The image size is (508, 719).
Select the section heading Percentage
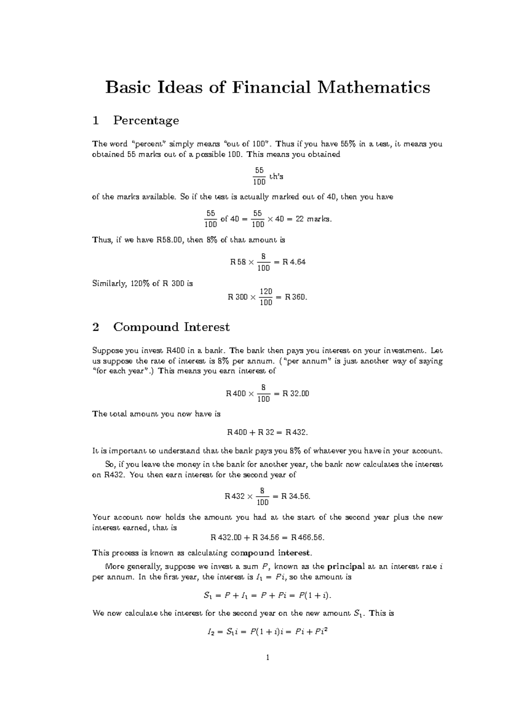(146, 120)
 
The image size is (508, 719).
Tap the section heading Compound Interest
(171, 327)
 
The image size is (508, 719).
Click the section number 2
(96, 327)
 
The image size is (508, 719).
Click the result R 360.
(296, 297)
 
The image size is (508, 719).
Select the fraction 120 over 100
(266, 297)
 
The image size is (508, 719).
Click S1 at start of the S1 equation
(207, 596)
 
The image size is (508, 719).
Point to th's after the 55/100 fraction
(276, 177)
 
